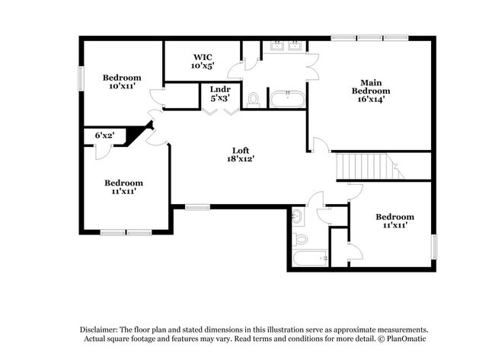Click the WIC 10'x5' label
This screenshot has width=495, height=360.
pos(203,61)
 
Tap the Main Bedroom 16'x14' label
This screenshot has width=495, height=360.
pos(372,90)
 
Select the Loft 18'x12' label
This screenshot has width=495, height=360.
pos(240,155)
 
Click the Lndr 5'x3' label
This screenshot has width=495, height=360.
pos(219,94)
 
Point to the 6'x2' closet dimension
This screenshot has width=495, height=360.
pos(104,135)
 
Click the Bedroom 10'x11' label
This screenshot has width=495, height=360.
pos(122,81)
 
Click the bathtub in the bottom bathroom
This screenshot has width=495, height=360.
pos(309,259)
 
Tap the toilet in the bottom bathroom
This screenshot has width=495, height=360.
pos(301,239)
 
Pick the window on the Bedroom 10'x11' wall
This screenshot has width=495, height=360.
pos(80,79)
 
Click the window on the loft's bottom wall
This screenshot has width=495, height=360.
pos(197,205)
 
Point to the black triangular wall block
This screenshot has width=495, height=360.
pos(136,135)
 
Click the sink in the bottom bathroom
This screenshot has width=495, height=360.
pos(298,218)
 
